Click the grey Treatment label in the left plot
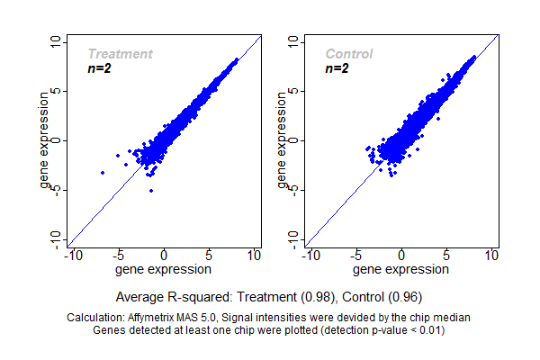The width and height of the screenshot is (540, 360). pyautogui.click(x=120, y=54)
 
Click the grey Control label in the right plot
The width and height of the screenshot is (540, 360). pyautogui.click(x=348, y=54)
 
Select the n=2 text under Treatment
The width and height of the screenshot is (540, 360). pyautogui.click(x=99, y=68)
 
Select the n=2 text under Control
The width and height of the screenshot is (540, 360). pyautogui.click(x=337, y=68)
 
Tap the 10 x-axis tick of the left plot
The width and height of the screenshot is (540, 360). pyautogui.click(x=254, y=256)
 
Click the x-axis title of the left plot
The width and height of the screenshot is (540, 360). pyautogui.click(x=164, y=269)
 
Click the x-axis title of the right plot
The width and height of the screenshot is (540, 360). pyautogui.click(x=401, y=269)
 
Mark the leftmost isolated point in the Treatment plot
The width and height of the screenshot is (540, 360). pyautogui.click(x=103, y=172)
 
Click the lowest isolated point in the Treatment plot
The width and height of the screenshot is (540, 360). pyautogui.click(x=151, y=191)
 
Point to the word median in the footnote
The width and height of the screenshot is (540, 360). pyautogui.click(x=452, y=318)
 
